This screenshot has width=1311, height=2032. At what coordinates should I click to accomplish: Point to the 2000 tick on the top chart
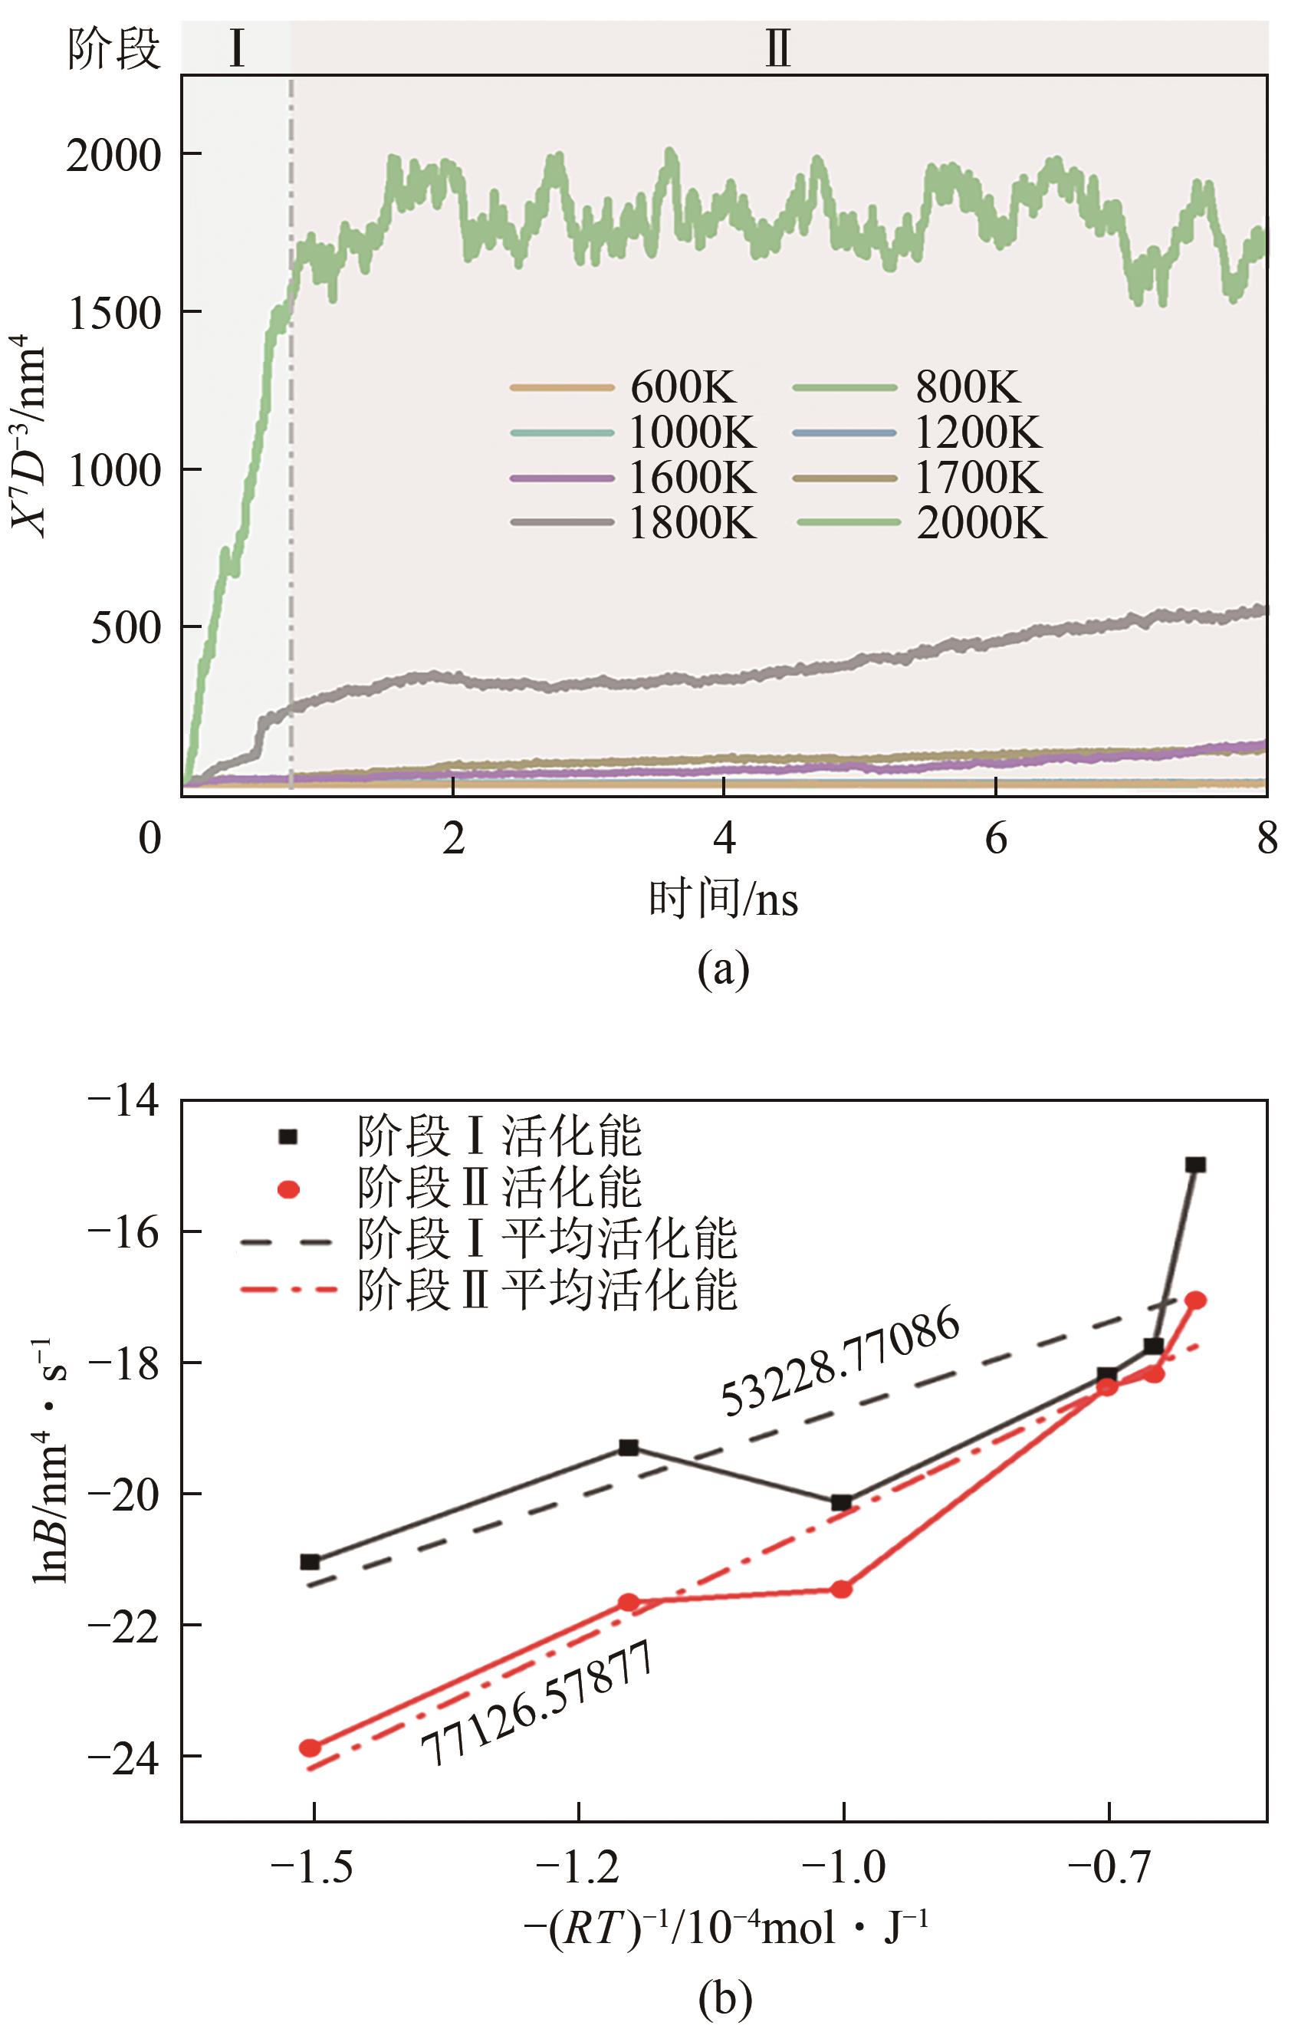point(114,156)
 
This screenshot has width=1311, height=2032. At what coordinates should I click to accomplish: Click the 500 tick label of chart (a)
point(126,628)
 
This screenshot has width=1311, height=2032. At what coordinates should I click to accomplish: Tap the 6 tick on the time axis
point(995,839)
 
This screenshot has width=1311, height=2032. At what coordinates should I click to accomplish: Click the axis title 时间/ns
point(723,899)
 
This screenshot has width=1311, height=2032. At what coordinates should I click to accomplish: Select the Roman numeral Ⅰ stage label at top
point(237,48)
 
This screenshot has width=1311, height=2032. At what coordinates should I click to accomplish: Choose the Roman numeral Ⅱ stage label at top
point(777,48)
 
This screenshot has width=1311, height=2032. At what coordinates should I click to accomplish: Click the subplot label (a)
point(723,968)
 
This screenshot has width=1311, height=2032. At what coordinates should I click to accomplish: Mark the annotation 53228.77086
point(841,1362)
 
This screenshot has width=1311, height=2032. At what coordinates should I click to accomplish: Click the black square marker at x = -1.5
point(310,1561)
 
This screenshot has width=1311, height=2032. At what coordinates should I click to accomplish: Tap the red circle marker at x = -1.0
point(842,1589)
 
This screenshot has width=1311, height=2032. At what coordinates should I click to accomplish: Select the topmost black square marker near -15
point(1196,1165)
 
